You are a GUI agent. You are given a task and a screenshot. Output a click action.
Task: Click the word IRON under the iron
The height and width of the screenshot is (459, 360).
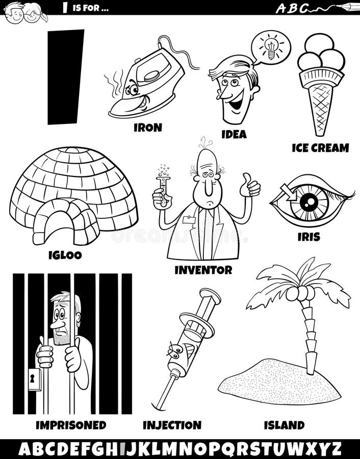pos(147,127)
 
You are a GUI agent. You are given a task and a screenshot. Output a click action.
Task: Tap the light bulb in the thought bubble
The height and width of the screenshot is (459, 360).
pos(271,48)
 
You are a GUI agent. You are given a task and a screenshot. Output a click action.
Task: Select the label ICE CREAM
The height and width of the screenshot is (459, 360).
pos(320,148)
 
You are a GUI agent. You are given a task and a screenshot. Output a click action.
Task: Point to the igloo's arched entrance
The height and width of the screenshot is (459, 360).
pos(66,224)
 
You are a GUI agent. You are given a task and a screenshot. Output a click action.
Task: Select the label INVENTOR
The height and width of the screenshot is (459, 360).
pos(203,270)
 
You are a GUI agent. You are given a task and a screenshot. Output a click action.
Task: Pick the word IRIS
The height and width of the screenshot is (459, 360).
pos(308,237)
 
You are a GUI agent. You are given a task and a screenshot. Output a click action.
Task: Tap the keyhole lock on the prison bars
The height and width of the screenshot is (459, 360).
pos(34,379)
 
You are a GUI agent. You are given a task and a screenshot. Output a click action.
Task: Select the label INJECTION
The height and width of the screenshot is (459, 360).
pos(172,425)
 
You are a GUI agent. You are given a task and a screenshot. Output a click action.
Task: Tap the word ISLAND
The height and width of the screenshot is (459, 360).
pos(284,424)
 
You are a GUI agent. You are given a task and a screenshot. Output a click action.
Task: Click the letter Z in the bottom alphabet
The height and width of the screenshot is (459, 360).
pos(336,449)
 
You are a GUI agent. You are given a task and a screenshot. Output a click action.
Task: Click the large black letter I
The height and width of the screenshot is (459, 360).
pos(65,76)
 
